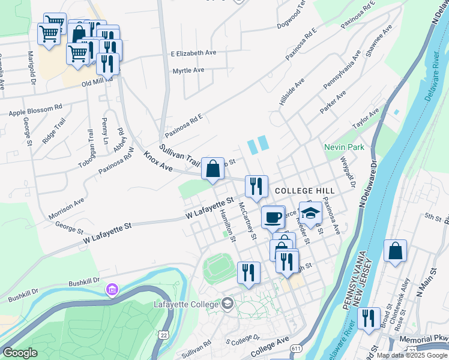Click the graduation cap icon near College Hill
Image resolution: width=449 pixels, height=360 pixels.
tap(310, 212)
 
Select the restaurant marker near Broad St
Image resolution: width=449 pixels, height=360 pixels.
tap(369, 318)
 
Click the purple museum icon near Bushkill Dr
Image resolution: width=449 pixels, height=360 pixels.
tap(112, 290)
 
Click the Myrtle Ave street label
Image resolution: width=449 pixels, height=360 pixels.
tap(188, 70)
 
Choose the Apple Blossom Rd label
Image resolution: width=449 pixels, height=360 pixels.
tap(35, 110)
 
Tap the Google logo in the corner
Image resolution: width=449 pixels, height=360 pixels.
tap(20, 353)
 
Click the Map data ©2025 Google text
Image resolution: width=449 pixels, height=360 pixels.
tap(412, 355)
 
